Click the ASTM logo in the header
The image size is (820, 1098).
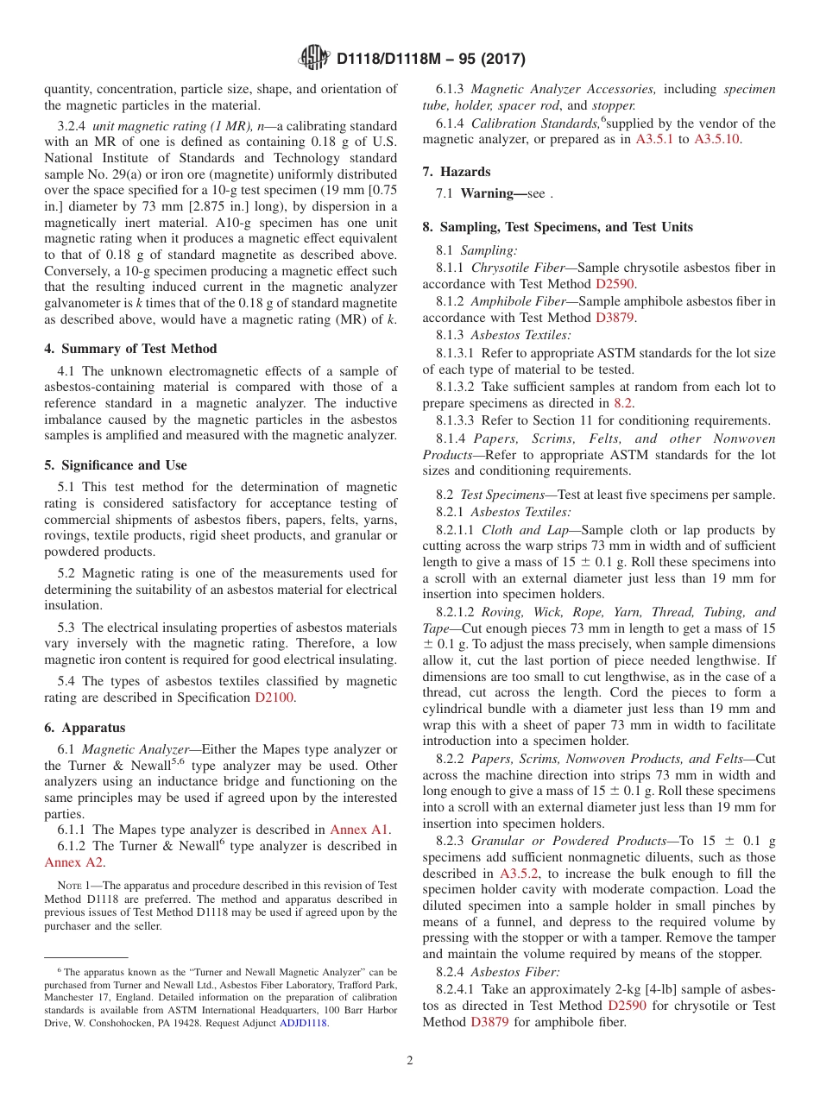313,59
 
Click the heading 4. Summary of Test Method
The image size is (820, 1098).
130,349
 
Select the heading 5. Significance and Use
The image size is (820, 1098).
115,465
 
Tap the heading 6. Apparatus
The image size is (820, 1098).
85,728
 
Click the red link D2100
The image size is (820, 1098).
274,697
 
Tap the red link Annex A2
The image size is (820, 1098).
74,862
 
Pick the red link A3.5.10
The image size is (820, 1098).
717,139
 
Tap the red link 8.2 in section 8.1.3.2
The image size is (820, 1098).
622,403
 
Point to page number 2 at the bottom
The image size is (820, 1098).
410,1061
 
